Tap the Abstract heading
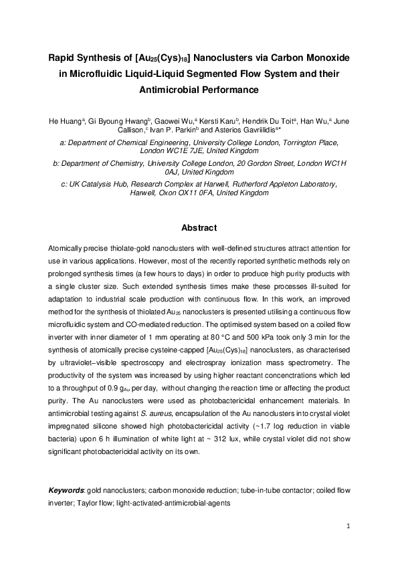pos(199,226)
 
